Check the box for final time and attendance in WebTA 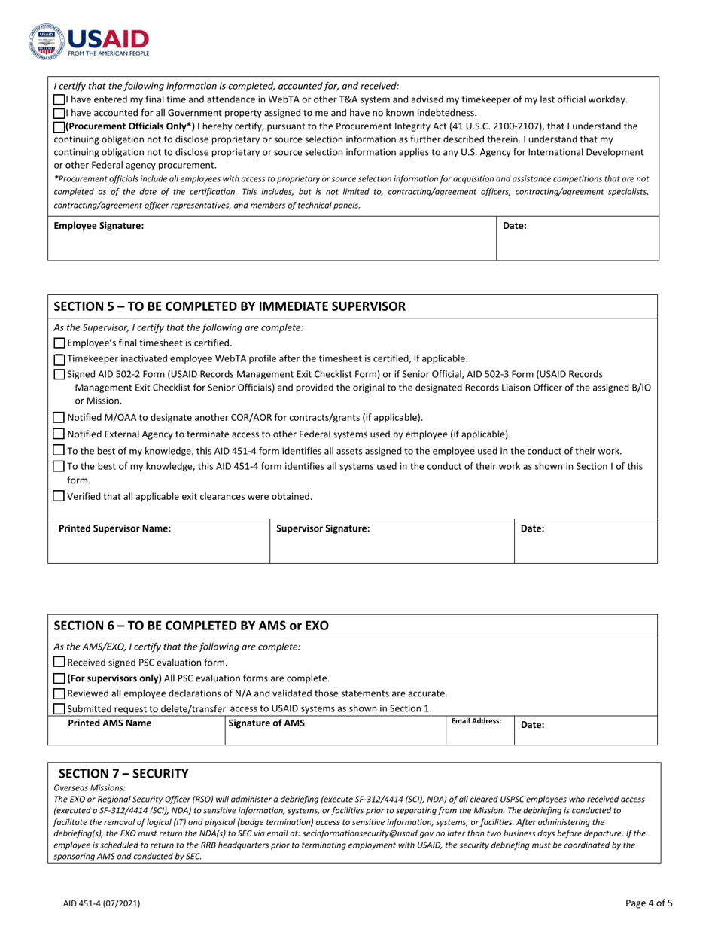(x=59, y=99)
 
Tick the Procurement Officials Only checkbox (x=59, y=126)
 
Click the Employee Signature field (x=271, y=239)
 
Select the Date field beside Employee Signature (x=577, y=239)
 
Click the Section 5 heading (x=230, y=306)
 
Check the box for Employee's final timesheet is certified (x=59, y=343)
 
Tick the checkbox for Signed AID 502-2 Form (x=59, y=374)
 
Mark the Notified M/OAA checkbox (x=59, y=417)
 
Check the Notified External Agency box (x=59, y=434)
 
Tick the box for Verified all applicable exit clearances (x=59, y=496)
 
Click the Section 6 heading (x=191, y=626)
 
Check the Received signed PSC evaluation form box (x=59, y=663)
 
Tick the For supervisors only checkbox (x=59, y=678)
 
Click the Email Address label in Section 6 (x=476, y=721)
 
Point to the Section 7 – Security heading (x=123, y=774)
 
